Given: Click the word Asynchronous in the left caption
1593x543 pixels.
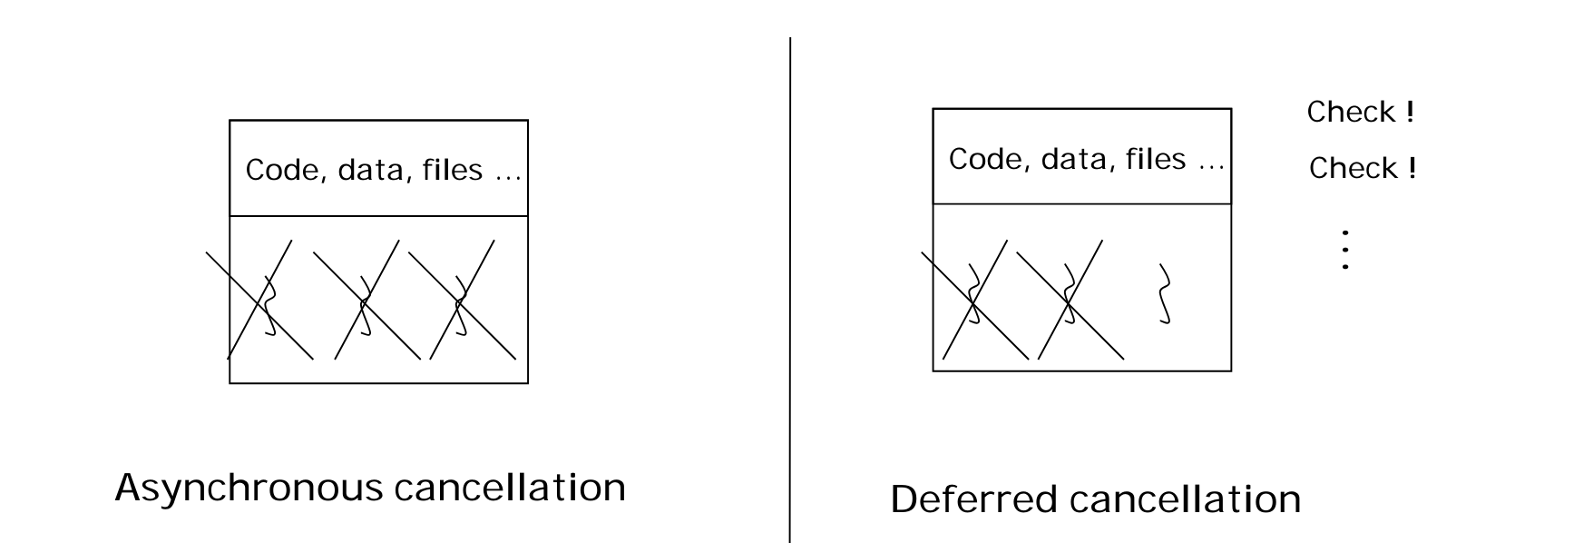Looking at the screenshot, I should pos(249,489).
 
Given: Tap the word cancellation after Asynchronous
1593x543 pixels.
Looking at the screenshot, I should pos(510,488).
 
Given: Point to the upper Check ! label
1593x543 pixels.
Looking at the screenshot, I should pos(1361,113).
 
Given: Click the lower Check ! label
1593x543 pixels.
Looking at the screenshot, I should pos(1363,169).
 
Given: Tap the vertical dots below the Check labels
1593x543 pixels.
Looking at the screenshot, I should pos(1345,250).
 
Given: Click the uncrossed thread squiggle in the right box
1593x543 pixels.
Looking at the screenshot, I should pos(1164,294).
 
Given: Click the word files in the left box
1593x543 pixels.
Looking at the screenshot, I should pos(452,170).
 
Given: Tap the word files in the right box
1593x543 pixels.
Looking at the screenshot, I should pos(1156,160).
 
